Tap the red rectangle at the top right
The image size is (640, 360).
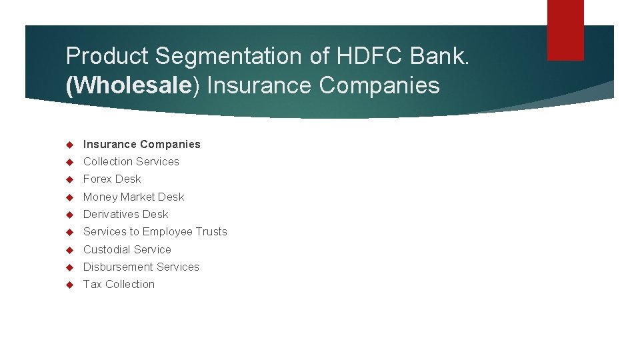click(x=565, y=29)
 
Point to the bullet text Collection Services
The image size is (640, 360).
click(x=131, y=161)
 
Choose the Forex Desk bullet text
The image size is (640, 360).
click(x=112, y=179)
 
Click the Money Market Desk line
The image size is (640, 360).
click(x=133, y=197)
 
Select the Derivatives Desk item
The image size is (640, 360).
click(x=125, y=214)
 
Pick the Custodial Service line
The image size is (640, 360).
click(x=127, y=249)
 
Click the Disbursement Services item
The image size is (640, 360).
click(x=141, y=267)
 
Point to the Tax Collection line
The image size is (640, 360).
click(x=119, y=284)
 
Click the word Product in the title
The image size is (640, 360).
click(x=107, y=56)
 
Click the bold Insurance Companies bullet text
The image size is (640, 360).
click(x=141, y=144)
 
